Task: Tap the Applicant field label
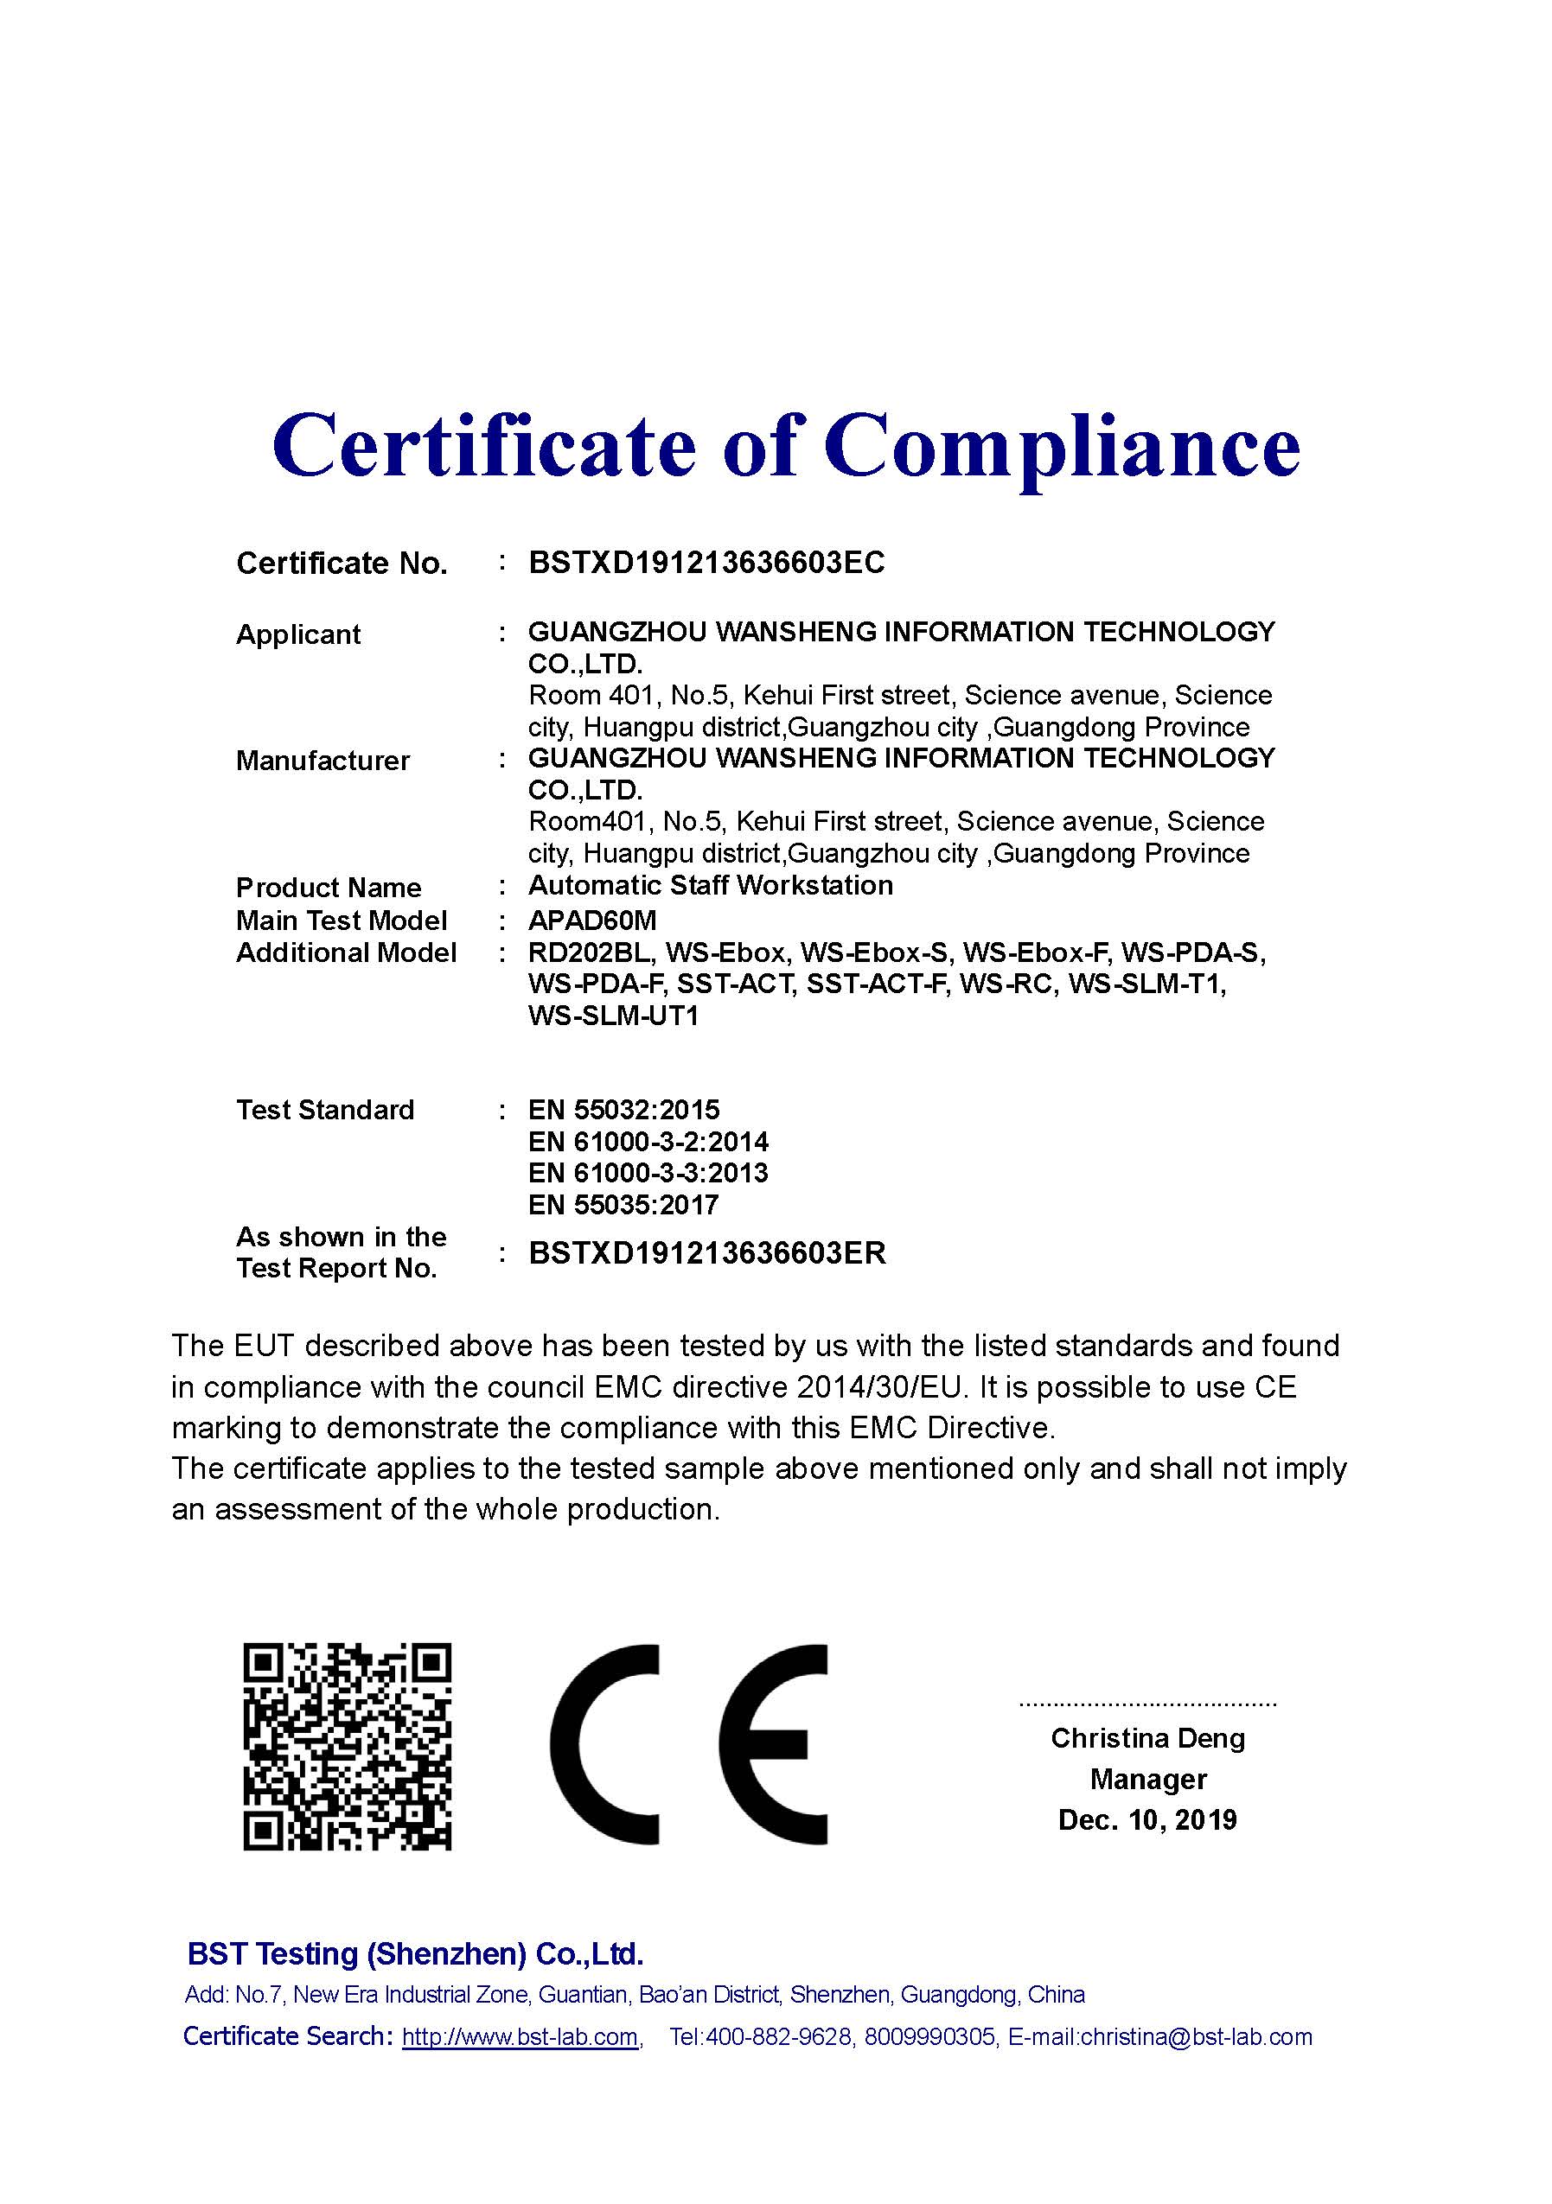(x=297, y=634)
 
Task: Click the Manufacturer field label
(x=323, y=761)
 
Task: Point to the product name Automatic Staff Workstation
(x=710, y=885)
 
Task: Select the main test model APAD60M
(x=591, y=920)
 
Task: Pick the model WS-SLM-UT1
(x=613, y=1016)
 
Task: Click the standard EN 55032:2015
(x=623, y=1110)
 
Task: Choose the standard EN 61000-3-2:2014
(x=648, y=1142)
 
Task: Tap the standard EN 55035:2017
(x=623, y=1205)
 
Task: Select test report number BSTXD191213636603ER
(x=707, y=1252)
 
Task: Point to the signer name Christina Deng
(x=1147, y=1738)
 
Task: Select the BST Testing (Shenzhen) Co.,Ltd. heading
(x=415, y=1953)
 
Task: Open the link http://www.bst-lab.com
(x=521, y=2037)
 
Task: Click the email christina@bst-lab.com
(x=1196, y=2037)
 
